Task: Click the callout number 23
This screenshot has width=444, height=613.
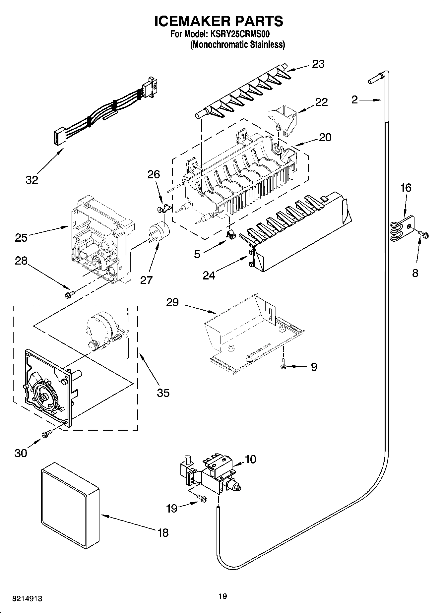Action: [x=318, y=64]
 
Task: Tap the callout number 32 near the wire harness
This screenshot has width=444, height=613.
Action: [x=32, y=180]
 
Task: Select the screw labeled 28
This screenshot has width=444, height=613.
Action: [x=71, y=293]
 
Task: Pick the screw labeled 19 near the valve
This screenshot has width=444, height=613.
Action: [x=201, y=497]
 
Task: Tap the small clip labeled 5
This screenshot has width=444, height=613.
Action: [x=231, y=234]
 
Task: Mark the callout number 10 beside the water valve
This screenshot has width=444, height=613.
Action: [x=250, y=459]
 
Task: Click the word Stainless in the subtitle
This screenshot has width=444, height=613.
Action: [x=268, y=44]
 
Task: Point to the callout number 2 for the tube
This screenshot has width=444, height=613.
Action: [x=354, y=99]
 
